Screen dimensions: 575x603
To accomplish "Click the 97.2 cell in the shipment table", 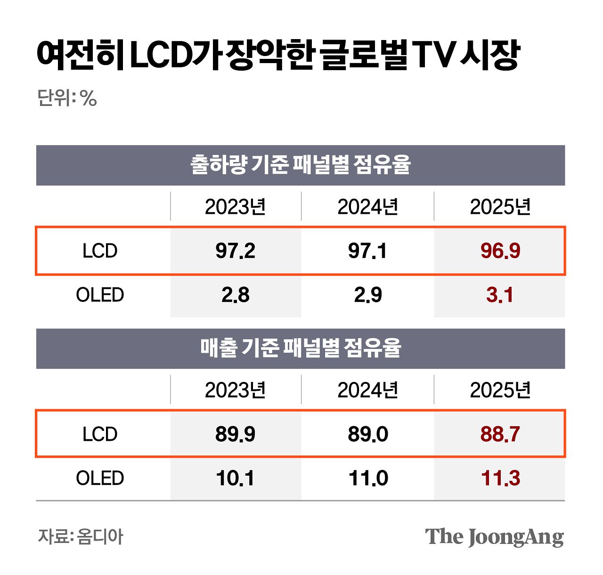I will point(235,251).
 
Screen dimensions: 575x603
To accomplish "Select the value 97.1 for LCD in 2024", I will point(367,251).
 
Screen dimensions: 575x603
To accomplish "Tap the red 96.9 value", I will point(500,251).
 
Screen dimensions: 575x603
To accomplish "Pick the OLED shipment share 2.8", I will point(235,295).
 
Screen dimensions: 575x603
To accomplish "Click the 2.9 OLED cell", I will point(367,295).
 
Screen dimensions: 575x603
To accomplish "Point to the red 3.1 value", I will point(500,295).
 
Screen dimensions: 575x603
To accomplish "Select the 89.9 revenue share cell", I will point(235,434).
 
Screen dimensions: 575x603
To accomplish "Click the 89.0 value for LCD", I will point(367,434).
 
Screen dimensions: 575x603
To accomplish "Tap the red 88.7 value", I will point(500,434).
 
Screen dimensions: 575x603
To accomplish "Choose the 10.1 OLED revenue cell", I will point(235,478).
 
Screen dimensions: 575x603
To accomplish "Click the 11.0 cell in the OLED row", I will point(367,478).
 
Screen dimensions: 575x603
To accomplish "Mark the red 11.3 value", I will point(500,478).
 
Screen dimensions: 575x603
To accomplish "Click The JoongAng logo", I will point(494,537).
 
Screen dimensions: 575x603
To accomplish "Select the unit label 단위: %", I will point(67,98).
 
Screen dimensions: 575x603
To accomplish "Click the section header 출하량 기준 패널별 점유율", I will point(301,165).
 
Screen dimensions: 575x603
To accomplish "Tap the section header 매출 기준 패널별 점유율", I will point(301,348).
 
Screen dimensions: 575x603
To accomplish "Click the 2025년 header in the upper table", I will point(500,207).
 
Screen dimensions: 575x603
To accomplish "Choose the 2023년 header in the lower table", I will point(235,390).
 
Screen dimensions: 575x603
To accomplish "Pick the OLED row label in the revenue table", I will point(100,478).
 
